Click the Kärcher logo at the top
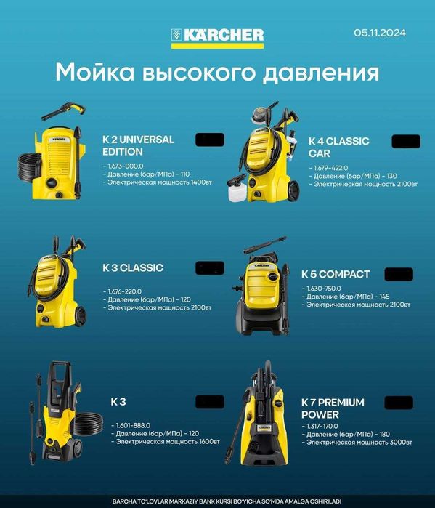pos(217,36)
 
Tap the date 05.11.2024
pos(379,33)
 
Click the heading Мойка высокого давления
pos(217,73)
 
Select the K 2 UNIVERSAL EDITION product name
pos(138,145)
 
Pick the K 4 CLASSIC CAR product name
pos(338,147)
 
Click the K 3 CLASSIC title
pos(133,267)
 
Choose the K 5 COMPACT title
pos(336,275)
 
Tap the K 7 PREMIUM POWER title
pos(332,408)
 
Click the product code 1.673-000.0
pos(124,166)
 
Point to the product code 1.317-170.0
pos(325,426)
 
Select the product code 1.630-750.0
pos(325,289)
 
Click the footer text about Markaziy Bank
pos(217,501)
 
